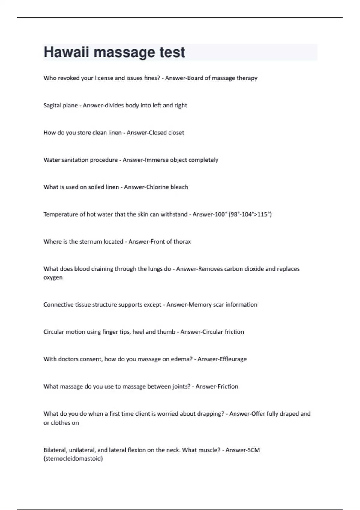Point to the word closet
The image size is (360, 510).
coord(176,133)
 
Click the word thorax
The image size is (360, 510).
coord(182,241)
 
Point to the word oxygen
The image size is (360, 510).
coord(53,277)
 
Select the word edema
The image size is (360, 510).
coord(181,359)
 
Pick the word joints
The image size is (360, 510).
coord(181,386)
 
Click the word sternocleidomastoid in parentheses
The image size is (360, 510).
coord(73,458)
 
